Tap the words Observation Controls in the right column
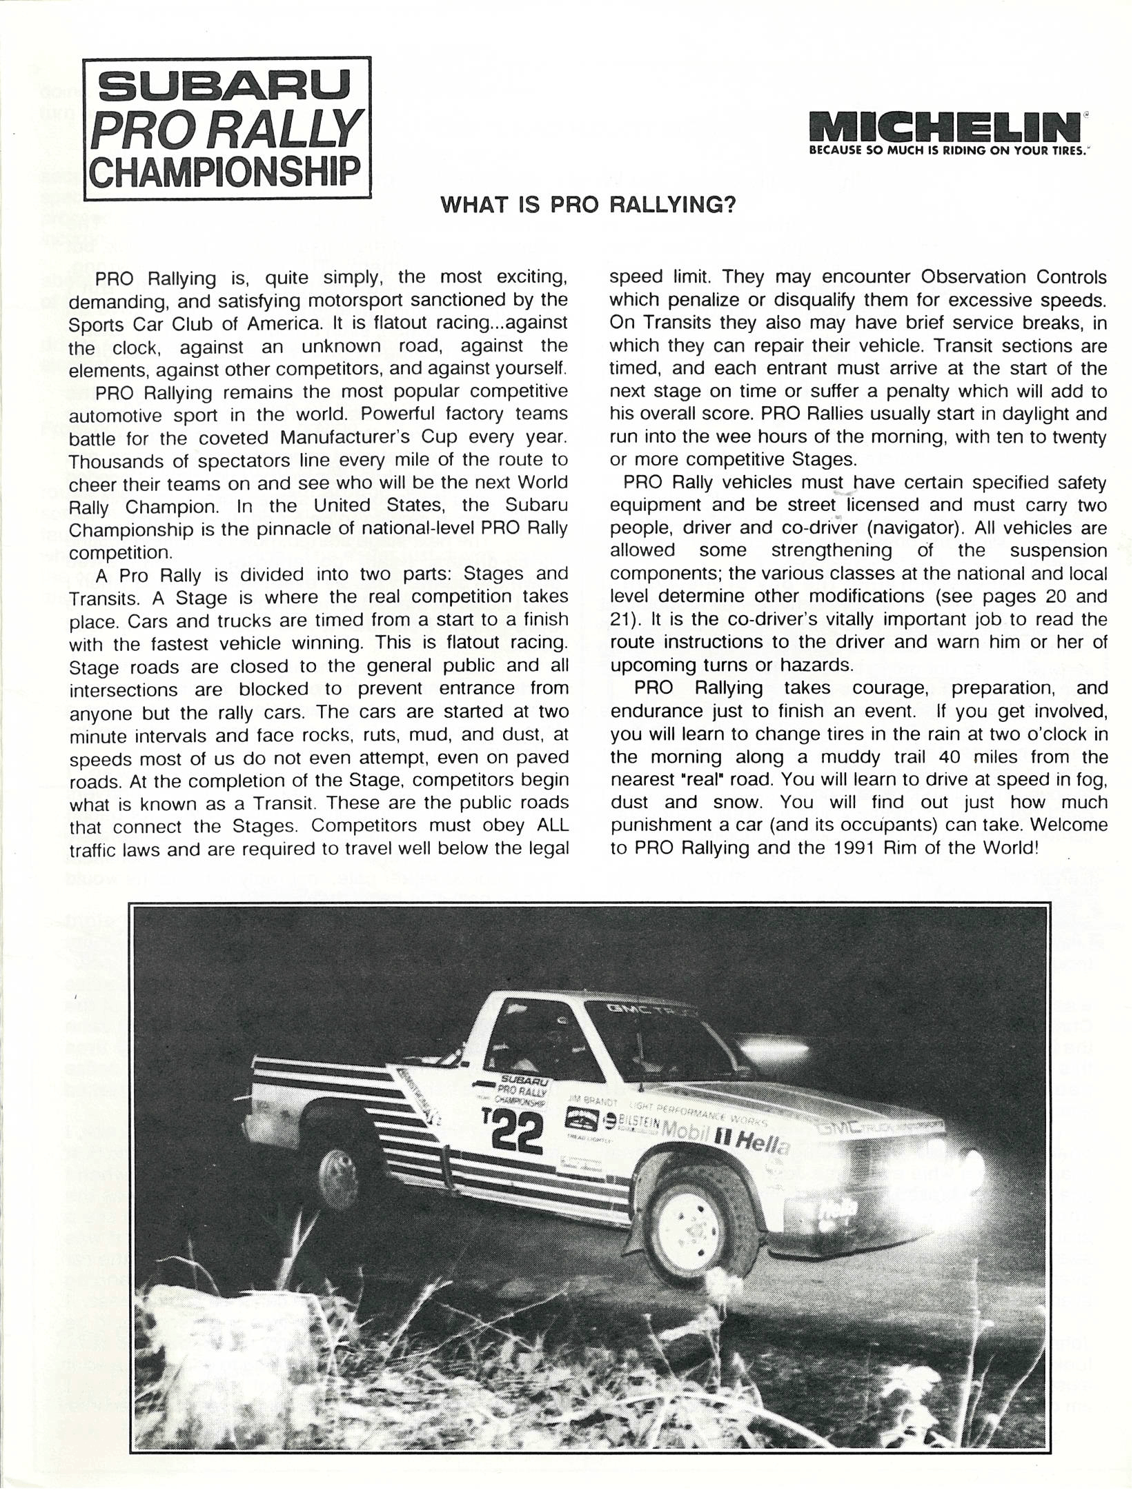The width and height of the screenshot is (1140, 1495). click(x=1014, y=277)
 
